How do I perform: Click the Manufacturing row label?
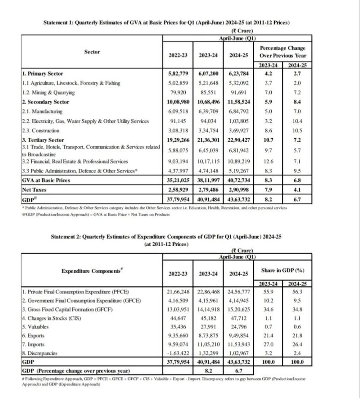tap(42, 111)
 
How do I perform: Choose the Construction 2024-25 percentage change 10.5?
tap(297, 131)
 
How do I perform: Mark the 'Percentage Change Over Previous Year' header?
tap(282, 52)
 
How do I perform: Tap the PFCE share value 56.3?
tap(297, 291)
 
